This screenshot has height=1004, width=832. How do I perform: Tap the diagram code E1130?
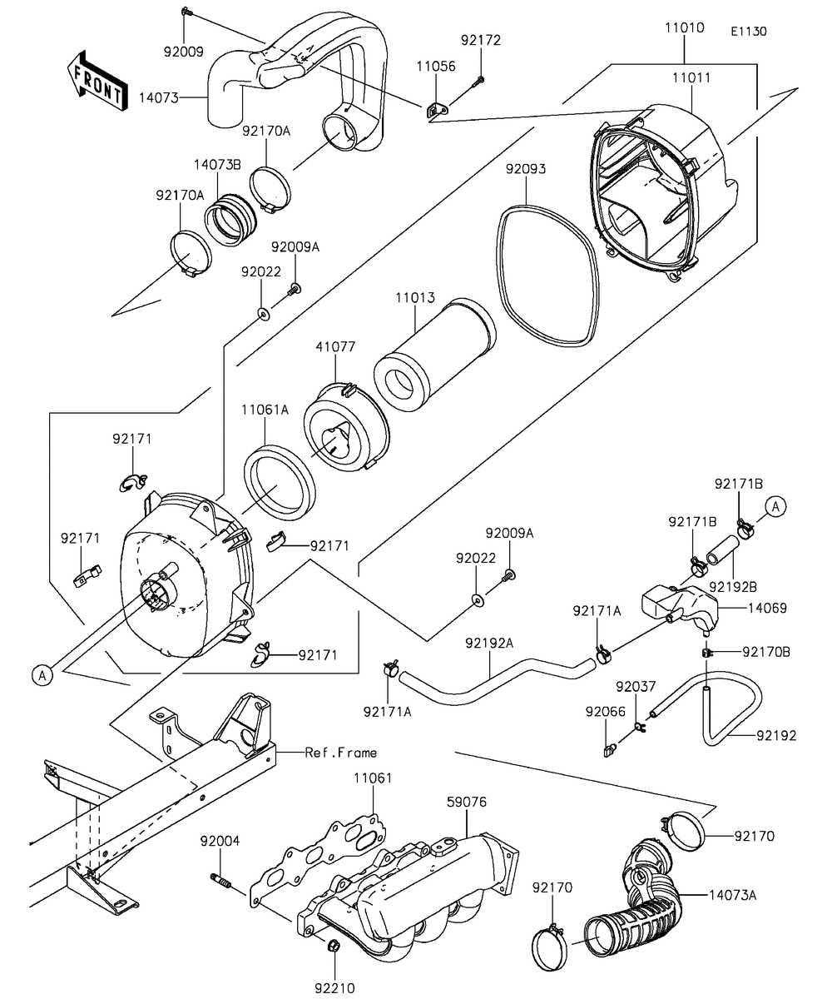click(x=749, y=32)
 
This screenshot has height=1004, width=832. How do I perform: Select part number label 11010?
click(x=684, y=28)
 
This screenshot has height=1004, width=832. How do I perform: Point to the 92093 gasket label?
click(x=526, y=168)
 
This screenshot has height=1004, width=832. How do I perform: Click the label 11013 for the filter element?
click(x=414, y=296)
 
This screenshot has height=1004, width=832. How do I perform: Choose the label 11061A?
click(x=265, y=410)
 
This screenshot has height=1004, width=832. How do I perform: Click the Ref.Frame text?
click(x=341, y=753)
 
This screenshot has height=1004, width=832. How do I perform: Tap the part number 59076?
click(x=466, y=802)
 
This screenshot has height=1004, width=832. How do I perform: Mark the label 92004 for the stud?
click(x=220, y=841)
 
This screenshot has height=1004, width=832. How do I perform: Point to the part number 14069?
click(x=767, y=608)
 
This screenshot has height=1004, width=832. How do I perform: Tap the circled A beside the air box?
click(x=42, y=675)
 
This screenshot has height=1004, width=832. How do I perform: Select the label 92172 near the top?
click(x=482, y=39)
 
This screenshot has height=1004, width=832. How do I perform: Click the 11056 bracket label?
click(x=435, y=67)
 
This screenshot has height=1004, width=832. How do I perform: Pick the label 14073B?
click(x=218, y=165)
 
